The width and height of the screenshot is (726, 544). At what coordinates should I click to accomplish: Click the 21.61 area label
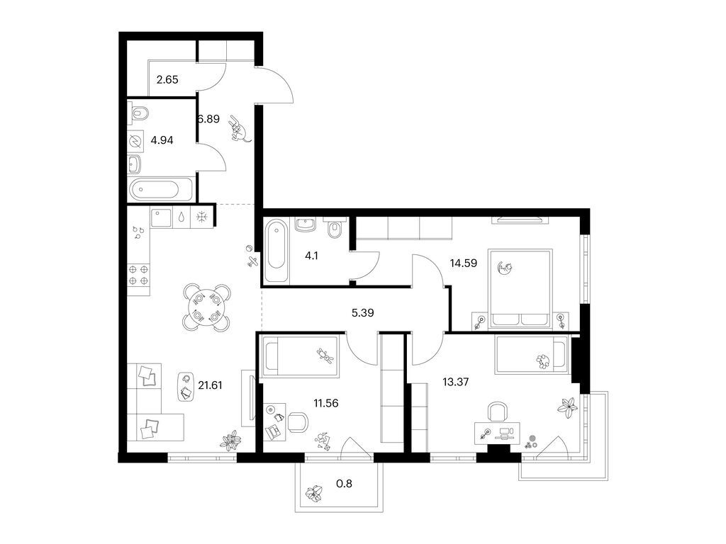210,385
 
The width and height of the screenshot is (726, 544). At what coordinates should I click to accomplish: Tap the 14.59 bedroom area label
464,263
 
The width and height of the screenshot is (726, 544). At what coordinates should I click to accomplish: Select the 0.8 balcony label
344,484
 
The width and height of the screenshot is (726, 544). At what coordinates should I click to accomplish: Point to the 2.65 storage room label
167,79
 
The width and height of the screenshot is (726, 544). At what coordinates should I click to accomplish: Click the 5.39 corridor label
362,312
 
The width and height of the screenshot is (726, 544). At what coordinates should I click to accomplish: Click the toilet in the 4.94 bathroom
138,113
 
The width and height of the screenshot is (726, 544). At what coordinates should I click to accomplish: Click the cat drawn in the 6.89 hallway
239,130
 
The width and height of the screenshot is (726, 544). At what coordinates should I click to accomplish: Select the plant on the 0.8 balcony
315,493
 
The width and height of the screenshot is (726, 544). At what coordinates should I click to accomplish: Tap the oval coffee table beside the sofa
186,387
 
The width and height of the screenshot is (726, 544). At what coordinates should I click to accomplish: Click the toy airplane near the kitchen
253,261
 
